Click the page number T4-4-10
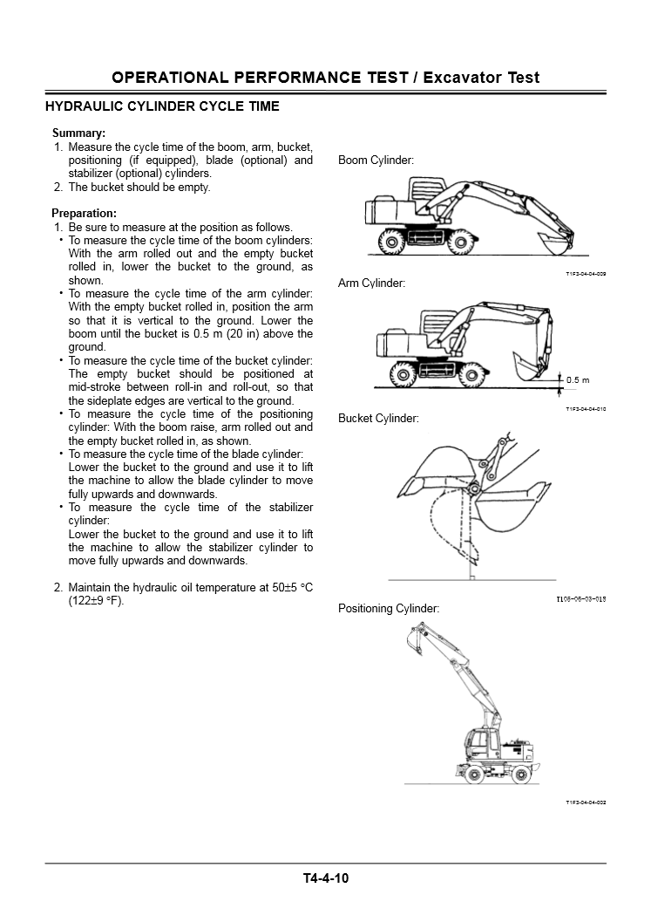(325, 878)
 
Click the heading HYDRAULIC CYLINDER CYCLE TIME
(162, 107)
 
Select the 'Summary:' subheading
(78, 133)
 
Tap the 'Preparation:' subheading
(84, 213)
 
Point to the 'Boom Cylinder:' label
(376, 160)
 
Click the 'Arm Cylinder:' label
(371, 283)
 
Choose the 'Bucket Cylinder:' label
(378, 419)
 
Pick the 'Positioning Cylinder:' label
(389, 608)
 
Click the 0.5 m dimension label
(578, 380)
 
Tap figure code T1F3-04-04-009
(585, 274)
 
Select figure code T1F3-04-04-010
(585, 408)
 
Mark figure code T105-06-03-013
(580, 599)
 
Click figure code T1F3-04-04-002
(585, 802)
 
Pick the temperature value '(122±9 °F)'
(96, 600)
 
